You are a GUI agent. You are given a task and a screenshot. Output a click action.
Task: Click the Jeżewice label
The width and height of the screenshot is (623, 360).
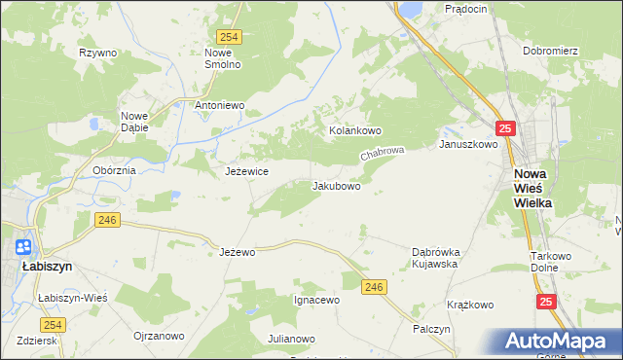pos(246,171)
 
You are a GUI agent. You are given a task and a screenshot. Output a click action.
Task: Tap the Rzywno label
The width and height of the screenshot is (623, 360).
pos(97,53)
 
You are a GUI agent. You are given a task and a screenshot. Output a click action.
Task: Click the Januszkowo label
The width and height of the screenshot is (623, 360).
pos(468,144)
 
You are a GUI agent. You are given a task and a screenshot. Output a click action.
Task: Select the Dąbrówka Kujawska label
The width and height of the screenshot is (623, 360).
pos(435,257)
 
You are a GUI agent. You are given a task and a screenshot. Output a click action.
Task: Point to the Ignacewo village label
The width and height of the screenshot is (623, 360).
pos(316,300)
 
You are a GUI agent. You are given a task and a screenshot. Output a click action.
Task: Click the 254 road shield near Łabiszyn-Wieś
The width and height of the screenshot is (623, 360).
pos(54,324)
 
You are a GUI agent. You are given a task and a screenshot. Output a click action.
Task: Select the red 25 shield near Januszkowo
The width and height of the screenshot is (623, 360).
pos(503,127)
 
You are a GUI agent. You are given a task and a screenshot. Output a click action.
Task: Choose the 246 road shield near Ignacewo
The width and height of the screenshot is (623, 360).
pos(373,286)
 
